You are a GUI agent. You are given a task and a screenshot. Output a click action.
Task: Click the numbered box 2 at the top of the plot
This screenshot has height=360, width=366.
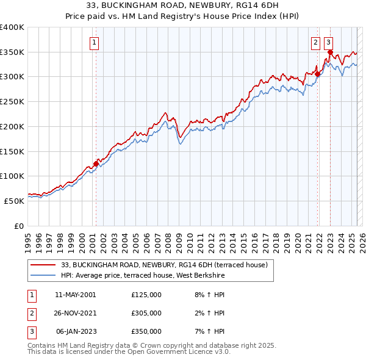tap(315, 43)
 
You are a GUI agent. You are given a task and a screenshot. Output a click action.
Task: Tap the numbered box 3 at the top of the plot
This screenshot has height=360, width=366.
tap(328, 43)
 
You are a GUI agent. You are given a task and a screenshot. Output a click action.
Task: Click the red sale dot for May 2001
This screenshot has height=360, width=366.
tap(96, 164)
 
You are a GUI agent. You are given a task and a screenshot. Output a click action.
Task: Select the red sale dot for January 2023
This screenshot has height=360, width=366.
tap(330, 52)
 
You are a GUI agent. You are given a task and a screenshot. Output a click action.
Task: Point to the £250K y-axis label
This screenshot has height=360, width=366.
tap(12, 101)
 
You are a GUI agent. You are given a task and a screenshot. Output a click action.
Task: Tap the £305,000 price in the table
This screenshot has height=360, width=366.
tap(146, 313)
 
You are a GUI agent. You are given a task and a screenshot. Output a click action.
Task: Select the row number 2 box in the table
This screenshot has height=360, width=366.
tap(30, 313)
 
